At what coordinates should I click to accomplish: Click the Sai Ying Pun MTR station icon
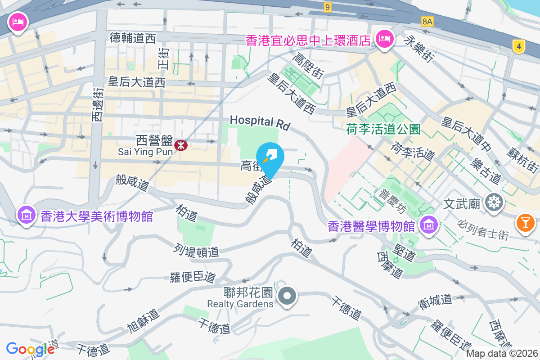point(181,145)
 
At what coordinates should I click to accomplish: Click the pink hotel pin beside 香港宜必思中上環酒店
point(384,39)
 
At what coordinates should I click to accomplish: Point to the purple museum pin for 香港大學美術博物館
point(27,215)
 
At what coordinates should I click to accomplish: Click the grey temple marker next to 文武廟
point(495,203)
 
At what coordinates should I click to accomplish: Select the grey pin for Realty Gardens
point(287,297)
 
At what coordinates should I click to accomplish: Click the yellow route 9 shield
point(327,7)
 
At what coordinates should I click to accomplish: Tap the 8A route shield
point(427,21)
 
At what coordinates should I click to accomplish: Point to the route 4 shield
point(519,46)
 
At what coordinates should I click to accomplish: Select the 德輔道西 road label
point(133,38)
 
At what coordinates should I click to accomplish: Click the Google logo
point(30,349)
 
